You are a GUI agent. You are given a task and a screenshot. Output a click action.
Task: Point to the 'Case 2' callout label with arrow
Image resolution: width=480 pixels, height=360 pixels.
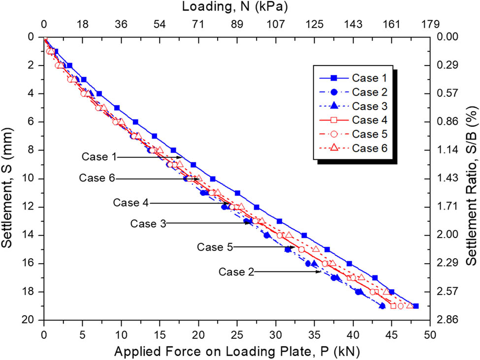tap(237, 271)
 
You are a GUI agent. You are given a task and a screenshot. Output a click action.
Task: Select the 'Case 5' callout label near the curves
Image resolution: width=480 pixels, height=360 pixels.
tap(215, 247)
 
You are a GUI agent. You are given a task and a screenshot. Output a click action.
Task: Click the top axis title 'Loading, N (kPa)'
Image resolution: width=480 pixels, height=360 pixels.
tap(235, 7)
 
